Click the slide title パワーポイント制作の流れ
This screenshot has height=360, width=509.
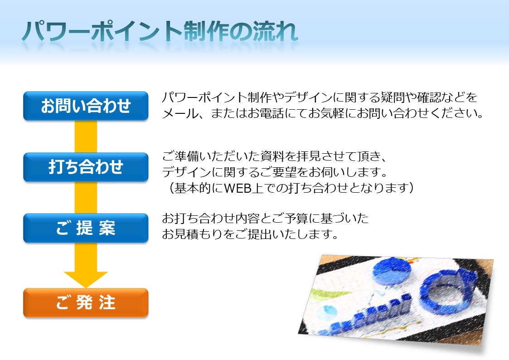(160, 31)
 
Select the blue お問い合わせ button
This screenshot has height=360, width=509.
(86, 106)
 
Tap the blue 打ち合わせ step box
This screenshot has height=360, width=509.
(86, 167)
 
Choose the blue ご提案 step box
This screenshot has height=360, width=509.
(86, 228)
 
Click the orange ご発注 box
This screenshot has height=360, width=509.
(86, 302)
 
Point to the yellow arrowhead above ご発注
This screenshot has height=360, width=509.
(86, 279)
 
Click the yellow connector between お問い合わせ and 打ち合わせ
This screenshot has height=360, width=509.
(86, 136)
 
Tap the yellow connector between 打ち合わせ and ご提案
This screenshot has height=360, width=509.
(86, 197)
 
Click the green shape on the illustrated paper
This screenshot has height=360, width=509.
(327, 294)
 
